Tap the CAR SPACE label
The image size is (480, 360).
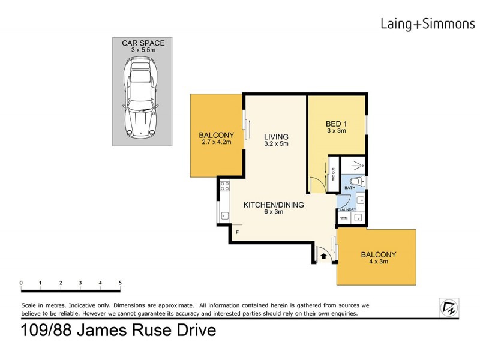coord(143,43)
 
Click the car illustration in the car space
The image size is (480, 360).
coord(142,100)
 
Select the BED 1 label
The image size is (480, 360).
coord(337,125)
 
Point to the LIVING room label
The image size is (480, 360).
coord(276,136)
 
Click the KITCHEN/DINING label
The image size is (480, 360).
coord(273,205)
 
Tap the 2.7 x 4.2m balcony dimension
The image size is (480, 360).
coord(215,143)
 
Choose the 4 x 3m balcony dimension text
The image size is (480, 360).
coord(378,263)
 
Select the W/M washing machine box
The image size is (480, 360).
coord(344,218)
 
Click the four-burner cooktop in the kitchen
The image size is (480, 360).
coord(225,185)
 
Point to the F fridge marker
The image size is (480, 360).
coord(238,232)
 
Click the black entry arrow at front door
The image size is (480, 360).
coord(323,256)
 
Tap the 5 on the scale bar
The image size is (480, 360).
coord(120,283)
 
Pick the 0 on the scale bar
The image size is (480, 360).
coord(21,283)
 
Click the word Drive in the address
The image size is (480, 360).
coord(191,331)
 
